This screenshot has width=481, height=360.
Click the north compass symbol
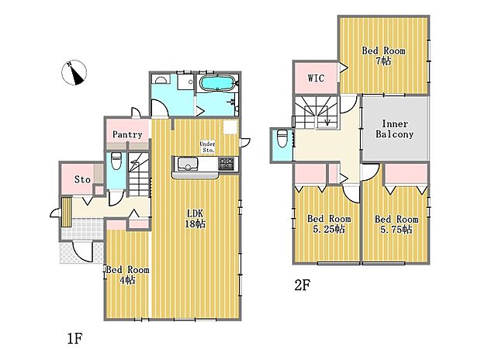point(74,73)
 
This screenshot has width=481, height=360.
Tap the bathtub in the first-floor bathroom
point(217,83)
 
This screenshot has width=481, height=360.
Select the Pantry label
point(127,134)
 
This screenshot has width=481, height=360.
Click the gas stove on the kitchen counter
point(226,164)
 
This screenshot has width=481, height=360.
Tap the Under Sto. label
point(208,147)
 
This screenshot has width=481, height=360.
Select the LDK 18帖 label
point(195,219)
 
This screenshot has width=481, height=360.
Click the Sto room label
point(82,179)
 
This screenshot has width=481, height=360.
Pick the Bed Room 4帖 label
point(127,275)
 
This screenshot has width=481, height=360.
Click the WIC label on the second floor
point(316,78)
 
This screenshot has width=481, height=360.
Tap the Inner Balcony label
point(395,129)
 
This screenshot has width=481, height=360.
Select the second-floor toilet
point(282,139)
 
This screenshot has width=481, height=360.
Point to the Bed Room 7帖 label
point(383,56)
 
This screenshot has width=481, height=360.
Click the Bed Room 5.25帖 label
point(329,223)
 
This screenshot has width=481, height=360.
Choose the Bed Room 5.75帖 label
point(396,224)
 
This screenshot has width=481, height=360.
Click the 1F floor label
point(74,339)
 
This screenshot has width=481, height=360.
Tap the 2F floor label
point(303,286)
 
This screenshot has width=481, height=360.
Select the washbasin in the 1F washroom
point(161,79)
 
